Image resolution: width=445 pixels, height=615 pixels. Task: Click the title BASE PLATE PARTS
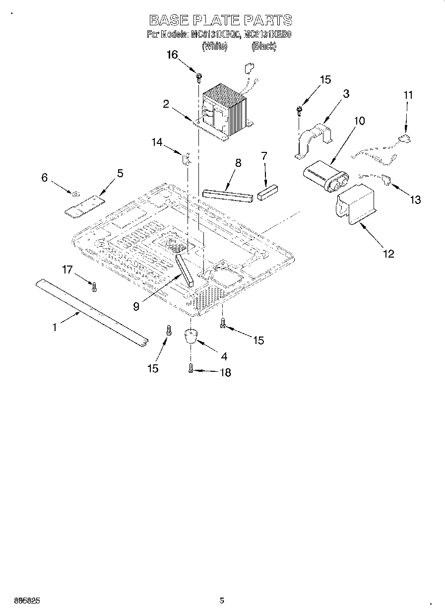point(221,20)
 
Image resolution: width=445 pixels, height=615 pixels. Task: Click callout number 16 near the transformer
point(172,55)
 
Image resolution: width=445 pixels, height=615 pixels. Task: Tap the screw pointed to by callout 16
point(199,77)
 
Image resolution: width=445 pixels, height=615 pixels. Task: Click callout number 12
point(388,254)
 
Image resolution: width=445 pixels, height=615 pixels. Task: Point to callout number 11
point(407,94)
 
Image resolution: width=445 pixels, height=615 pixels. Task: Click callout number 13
point(415,200)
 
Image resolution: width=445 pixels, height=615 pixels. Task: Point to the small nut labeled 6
point(76,194)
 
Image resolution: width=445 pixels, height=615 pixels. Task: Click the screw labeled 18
point(191,368)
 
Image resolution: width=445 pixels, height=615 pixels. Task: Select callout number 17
point(67,270)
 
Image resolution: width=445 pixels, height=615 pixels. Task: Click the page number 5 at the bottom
point(222,601)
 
